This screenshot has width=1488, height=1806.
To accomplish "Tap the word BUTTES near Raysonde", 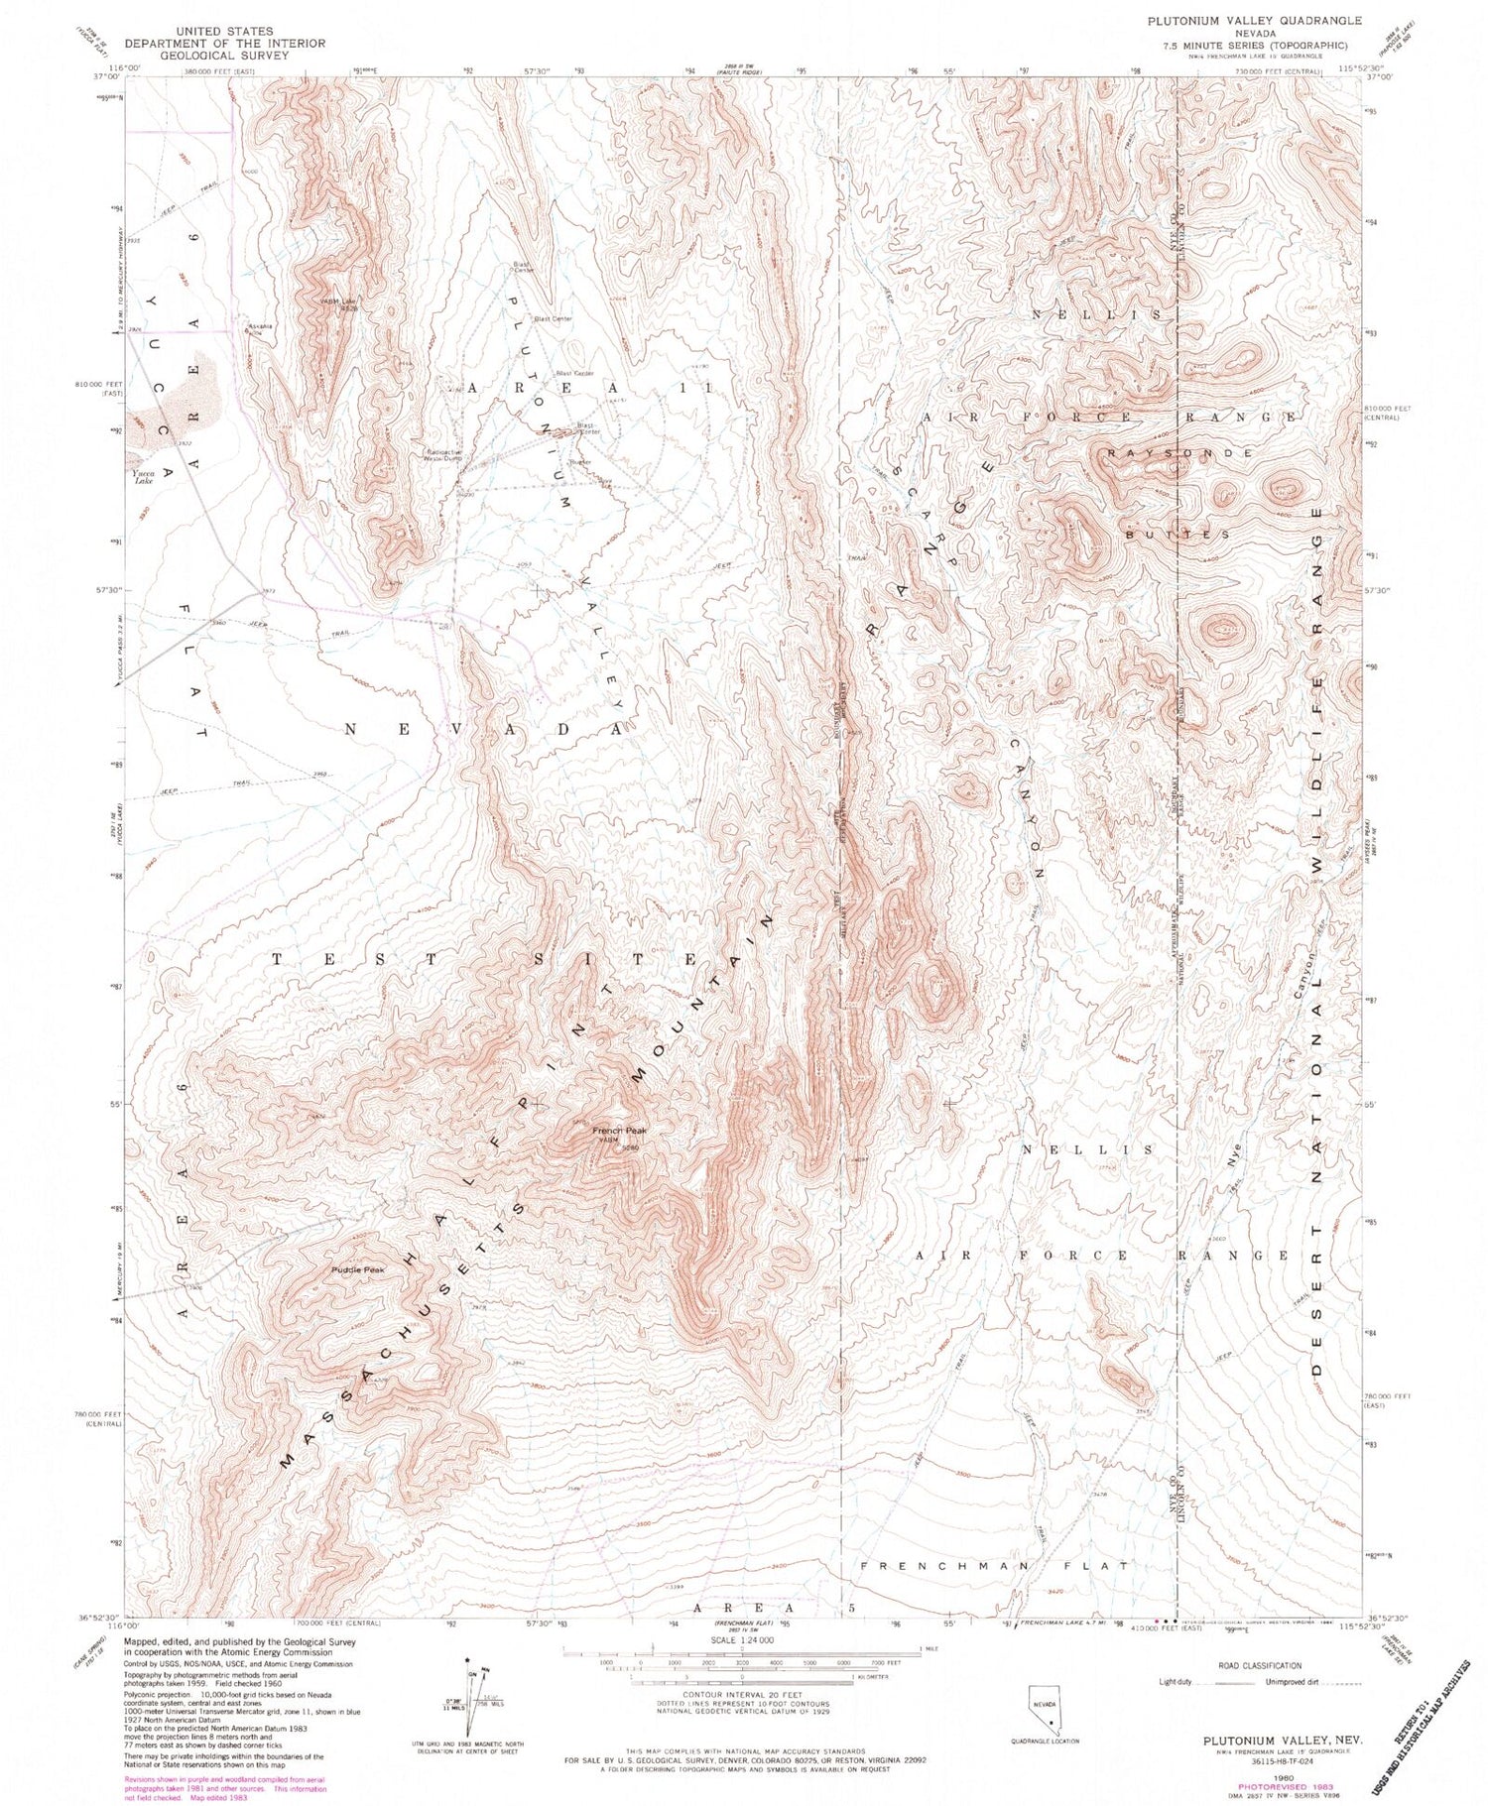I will tap(1178, 534).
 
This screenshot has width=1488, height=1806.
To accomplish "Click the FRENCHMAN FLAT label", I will tap(994, 1566).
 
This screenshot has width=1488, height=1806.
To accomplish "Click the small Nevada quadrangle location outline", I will tap(1044, 1709).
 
